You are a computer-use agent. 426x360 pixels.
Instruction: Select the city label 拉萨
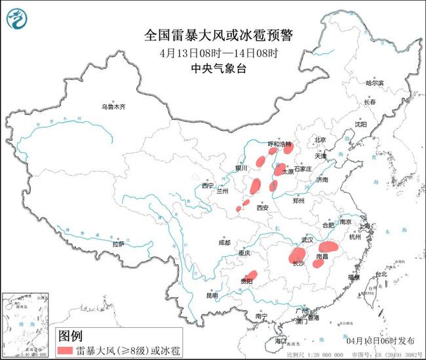click(118, 243)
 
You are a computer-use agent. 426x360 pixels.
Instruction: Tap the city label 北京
click(320, 140)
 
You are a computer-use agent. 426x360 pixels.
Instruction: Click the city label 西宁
click(208, 186)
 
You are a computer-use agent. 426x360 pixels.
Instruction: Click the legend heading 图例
click(71, 336)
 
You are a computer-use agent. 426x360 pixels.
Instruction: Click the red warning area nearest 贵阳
click(249, 278)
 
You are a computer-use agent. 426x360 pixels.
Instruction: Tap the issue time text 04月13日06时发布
click(379, 341)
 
